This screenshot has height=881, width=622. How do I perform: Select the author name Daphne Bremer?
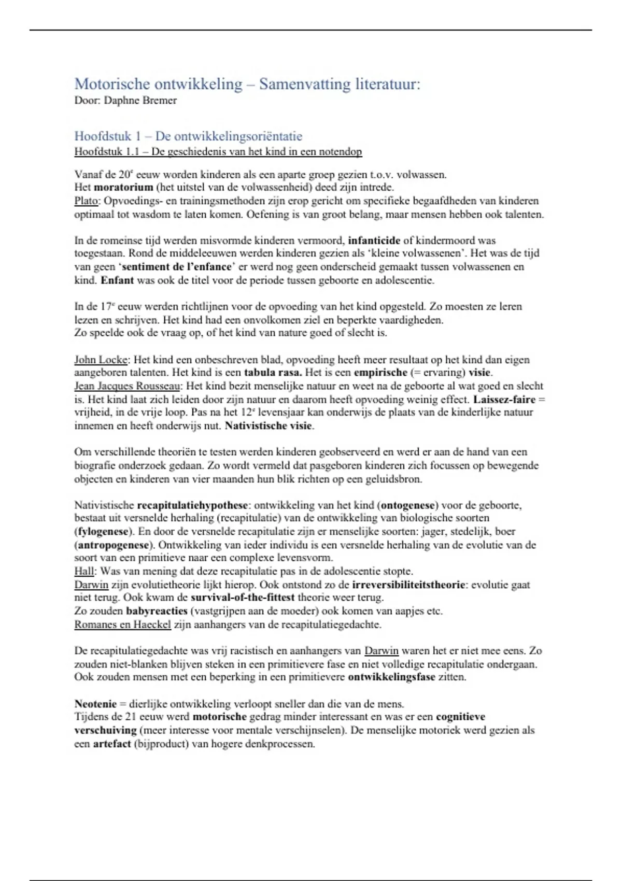(x=140, y=101)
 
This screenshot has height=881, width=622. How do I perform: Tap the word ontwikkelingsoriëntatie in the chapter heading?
(x=229, y=136)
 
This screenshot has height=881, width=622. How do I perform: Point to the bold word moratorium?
(x=123, y=188)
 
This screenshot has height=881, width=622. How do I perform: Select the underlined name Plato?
(x=86, y=201)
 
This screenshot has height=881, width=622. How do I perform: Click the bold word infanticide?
(x=374, y=240)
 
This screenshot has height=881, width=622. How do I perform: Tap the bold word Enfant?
(x=117, y=280)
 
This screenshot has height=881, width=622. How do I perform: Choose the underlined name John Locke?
(x=101, y=360)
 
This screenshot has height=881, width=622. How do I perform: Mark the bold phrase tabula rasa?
(x=273, y=373)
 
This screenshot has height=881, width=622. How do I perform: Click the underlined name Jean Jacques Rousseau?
(x=128, y=386)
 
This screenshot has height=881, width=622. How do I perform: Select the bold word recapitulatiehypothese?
(x=193, y=505)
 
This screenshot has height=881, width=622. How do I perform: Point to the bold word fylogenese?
(x=103, y=532)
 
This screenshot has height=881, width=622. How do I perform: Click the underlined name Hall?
(x=84, y=572)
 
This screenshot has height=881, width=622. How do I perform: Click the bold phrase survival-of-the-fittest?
(x=243, y=598)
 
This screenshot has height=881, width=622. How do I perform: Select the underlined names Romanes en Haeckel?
(x=122, y=624)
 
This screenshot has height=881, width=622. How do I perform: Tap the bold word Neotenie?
(x=95, y=704)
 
